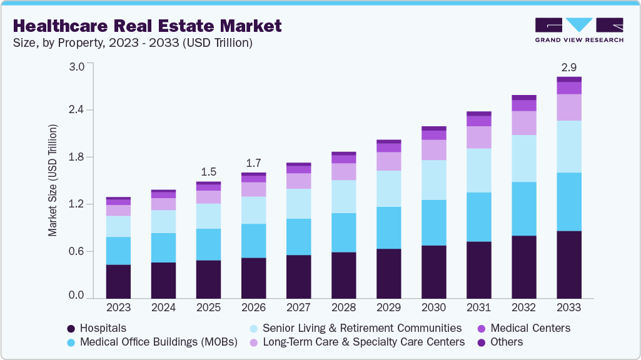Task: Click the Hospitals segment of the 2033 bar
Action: (x=569, y=264)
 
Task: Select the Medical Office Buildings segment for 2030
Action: (x=433, y=222)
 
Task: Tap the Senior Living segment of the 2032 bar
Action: (x=524, y=158)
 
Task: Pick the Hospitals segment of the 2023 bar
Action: (x=118, y=281)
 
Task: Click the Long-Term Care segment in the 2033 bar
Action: (x=569, y=107)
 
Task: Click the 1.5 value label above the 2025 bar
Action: (x=208, y=171)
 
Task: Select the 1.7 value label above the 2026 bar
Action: (x=253, y=162)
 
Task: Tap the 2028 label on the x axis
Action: (x=343, y=307)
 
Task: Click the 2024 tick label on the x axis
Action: (x=163, y=307)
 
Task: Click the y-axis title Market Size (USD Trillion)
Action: (x=53, y=180)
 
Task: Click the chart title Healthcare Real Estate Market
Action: (x=147, y=26)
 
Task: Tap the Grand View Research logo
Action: (x=578, y=30)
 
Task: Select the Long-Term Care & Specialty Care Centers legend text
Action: (x=363, y=342)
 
